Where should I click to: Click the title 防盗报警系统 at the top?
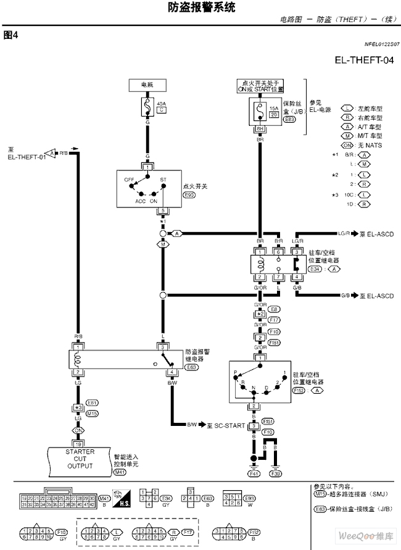(x=201, y=7)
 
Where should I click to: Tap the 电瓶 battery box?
(x=147, y=84)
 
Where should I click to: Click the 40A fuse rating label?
(x=162, y=104)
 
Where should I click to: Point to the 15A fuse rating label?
(x=273, y=107)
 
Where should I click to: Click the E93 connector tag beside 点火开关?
(x=189, y=194)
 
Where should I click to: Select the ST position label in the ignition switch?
(x=163, y=180)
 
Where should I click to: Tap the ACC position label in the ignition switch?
(x=140, y=201)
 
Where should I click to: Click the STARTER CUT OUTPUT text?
(x=80, y=459)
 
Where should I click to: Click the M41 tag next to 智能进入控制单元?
(x=120, y=472)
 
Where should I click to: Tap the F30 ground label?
(x=276, y=473)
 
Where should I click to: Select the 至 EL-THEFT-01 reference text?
(x=27, y=154)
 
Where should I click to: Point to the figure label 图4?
(x=10, y=35)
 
